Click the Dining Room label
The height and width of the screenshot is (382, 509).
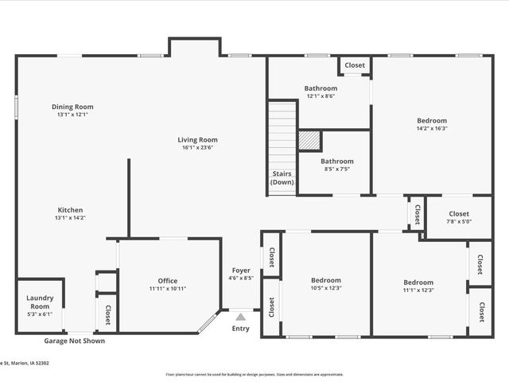(x=72, y=107)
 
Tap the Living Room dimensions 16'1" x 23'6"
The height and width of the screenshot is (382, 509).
(x=197, y=147)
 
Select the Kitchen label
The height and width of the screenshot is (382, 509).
(x=70, y=210)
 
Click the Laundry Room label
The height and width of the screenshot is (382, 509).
(x=39, y=302)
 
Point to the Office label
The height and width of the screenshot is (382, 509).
(x=167, y=280)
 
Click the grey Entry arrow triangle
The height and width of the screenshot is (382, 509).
(x=240, y=318)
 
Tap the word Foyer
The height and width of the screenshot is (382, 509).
(x=240, y=271)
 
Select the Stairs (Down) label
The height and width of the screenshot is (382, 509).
(x=282, y=177)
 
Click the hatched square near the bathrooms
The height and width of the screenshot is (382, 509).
(x=310, y=140)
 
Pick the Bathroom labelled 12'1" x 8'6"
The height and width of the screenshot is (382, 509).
(x=321, y=88)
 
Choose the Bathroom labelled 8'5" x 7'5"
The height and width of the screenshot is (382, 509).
(x=336, y=162)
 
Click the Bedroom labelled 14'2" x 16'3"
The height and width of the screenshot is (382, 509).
(x=431, y=121)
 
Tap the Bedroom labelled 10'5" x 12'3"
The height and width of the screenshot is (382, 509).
(x=325, y=280)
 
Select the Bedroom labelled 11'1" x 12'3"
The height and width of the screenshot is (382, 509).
(x=418, y=283)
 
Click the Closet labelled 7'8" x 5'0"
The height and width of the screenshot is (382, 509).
(x=459, y=213)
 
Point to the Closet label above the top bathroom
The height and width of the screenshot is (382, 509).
(x=355, y=65)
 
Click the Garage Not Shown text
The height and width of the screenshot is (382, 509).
(x=74, y=341)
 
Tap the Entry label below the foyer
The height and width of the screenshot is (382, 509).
(x=240, y=329)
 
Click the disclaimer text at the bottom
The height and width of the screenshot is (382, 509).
(x=254, y=374)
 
